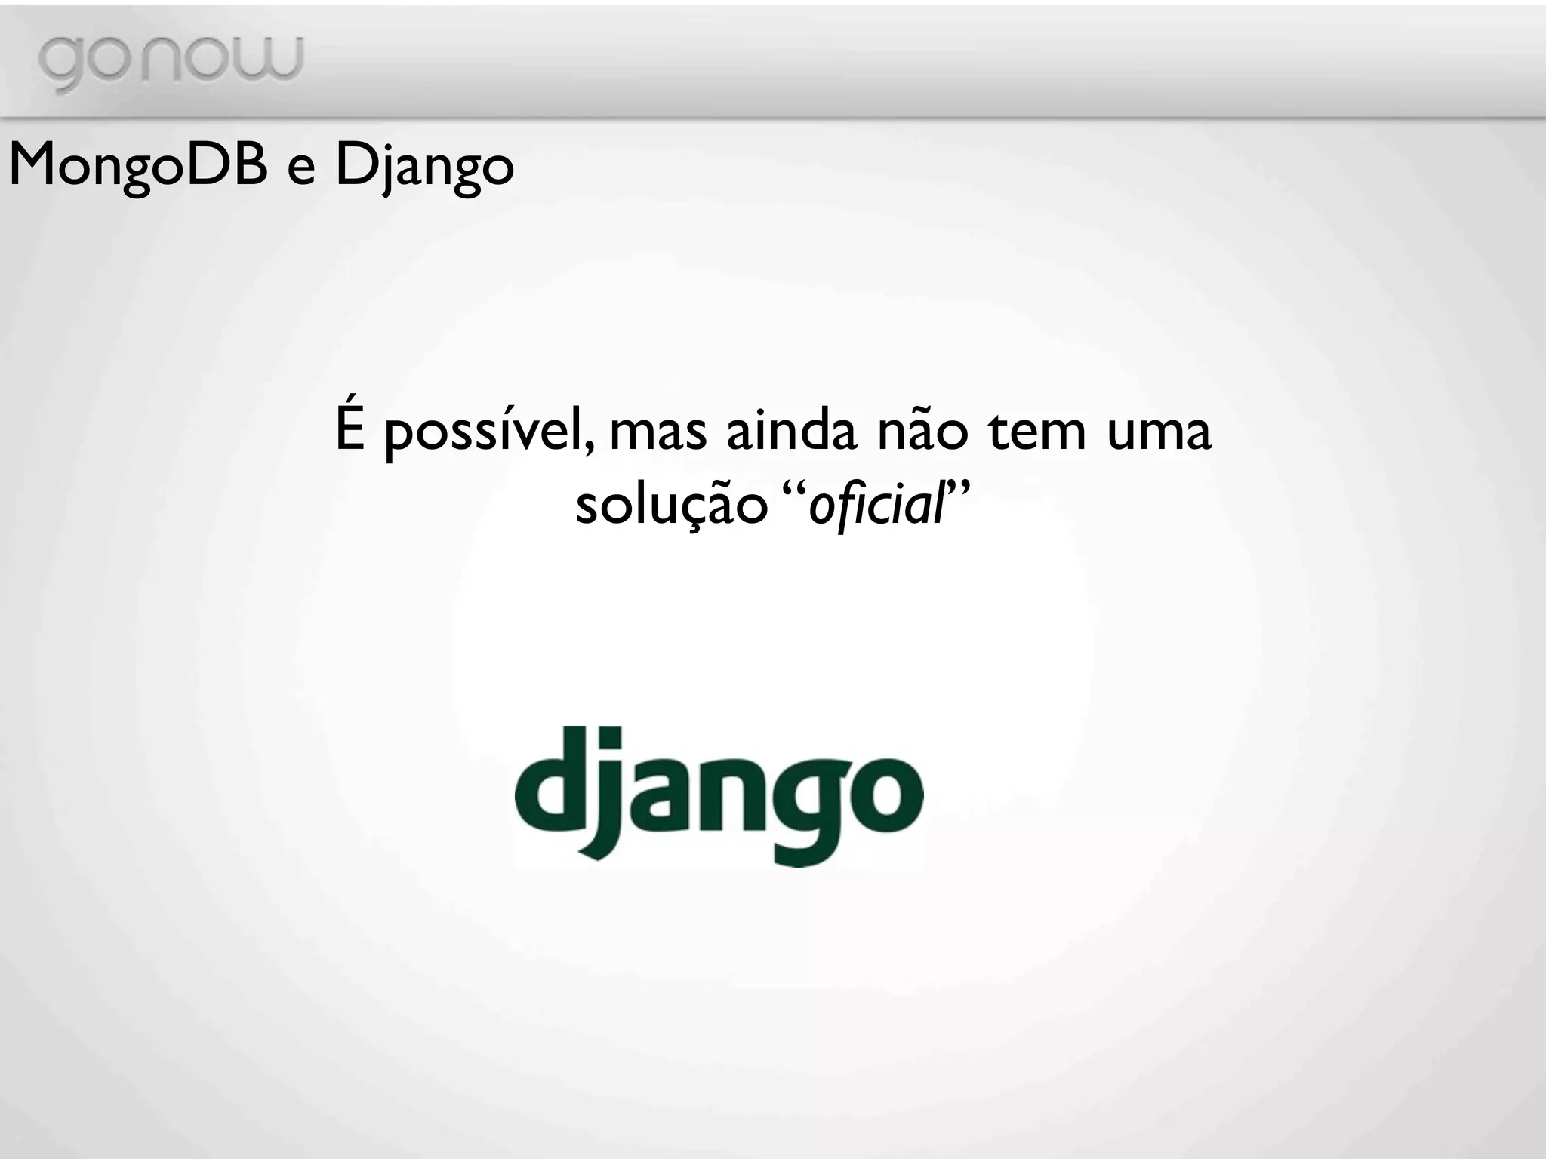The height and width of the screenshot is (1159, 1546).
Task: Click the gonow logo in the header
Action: click(x=170, y=62)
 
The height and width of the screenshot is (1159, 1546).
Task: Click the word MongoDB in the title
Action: click(x=138, y=165)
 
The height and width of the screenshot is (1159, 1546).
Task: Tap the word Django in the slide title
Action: click(x=424, y=167)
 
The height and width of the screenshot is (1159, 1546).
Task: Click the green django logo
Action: click(x=719, y=795)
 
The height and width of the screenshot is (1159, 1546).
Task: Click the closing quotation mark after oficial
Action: click(x=957, y=489)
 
